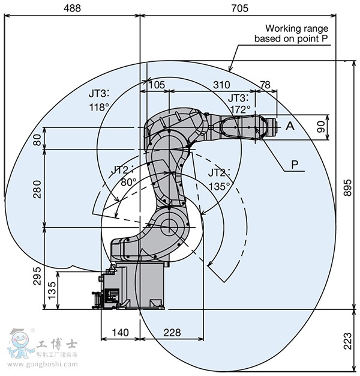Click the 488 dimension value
[72, 8]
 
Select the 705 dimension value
[240, 8]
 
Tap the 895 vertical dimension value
[347, 187]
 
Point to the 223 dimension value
[347, 341]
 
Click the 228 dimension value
[172, 333]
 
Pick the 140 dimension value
[120, 333]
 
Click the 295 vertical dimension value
[37, 276]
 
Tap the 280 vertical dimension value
[37, 189]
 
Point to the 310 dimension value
[221, 85]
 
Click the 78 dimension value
[265, 85]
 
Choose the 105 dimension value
[157, 85]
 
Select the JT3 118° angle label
[99, 100]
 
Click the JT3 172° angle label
[239, 104]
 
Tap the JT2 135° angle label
[219, 180]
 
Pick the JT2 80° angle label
[123, 176]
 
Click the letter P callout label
[295, 165]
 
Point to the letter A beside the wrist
[290, 126]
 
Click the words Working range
[297, 28]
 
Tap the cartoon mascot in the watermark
[20, 343]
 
